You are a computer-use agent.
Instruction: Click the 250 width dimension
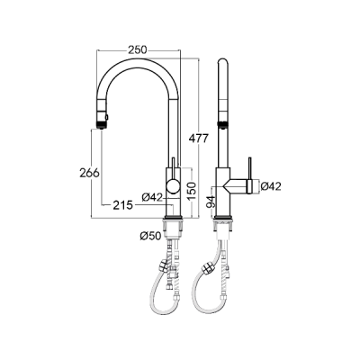click(138, 49)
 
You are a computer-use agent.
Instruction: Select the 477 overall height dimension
click(198, 139)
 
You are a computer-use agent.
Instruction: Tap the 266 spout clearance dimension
click(89, 173)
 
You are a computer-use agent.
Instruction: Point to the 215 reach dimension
click(122, 205)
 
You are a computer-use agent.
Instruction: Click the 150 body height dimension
click(192, 191)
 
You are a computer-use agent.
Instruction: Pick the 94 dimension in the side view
click(211, 202)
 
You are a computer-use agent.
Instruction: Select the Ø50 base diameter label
click(150, 236)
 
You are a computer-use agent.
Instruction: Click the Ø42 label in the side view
click(271, 186)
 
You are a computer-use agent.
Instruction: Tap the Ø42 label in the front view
click(152, 197)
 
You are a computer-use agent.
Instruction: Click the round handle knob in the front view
click(173, 185)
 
